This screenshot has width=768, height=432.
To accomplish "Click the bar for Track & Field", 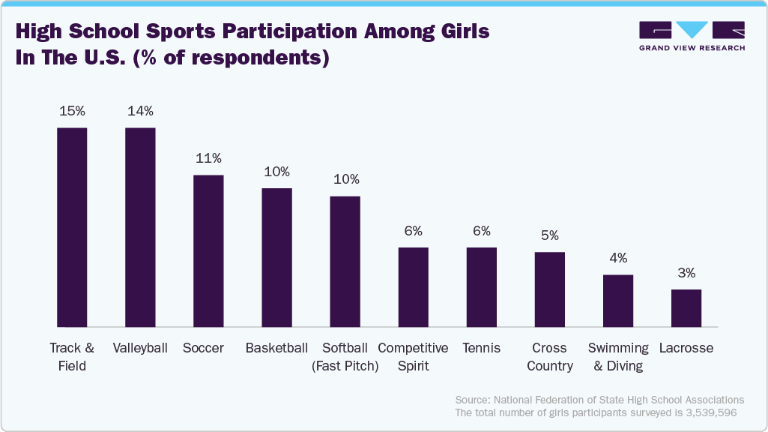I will pos(73,227).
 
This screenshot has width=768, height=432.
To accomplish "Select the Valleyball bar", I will pos(140,227).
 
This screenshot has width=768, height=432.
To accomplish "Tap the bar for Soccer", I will pos(208,250).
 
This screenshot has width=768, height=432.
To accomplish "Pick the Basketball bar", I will pos(276,257).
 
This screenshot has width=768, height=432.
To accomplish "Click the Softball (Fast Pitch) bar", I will pos(345,261).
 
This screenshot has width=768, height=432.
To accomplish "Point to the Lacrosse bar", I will pos(686,307).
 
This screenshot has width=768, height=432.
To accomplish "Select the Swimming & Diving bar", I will pos(618,300).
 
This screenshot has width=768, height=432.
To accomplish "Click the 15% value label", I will pos(73,111).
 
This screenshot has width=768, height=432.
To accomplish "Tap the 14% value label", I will pos(140,111).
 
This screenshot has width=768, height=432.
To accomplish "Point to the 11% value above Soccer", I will pos(208,158).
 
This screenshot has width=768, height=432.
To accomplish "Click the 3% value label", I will pos(686,273).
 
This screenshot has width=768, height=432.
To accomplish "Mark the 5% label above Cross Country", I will pos(550,235).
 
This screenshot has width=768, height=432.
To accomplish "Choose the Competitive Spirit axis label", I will pos(413,357).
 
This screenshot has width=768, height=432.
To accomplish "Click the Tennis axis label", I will pos(481,348).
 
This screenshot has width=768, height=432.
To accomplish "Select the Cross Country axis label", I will pos(550,357).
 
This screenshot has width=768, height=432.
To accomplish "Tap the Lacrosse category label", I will pos(686,348).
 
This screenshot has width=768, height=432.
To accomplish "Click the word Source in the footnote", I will pos(472,400).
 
